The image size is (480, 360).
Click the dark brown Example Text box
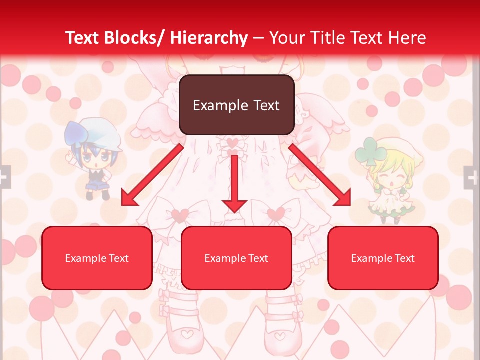click(x=236, y=105)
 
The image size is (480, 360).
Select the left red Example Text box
click(x=97, y=258)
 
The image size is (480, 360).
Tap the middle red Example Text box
click(x=236, y=258)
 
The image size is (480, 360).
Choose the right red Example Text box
click(x=383, y=258)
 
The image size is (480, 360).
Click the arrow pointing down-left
click(x=152, y=175)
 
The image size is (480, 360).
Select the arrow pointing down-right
click(x=320, y=175)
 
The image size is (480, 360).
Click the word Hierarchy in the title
click(x=209, y=38)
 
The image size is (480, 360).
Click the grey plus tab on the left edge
click(x=4, y=177)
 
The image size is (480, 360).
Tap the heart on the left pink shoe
click(x=186, y=333)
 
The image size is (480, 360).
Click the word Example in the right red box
click(x=368, y=258)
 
